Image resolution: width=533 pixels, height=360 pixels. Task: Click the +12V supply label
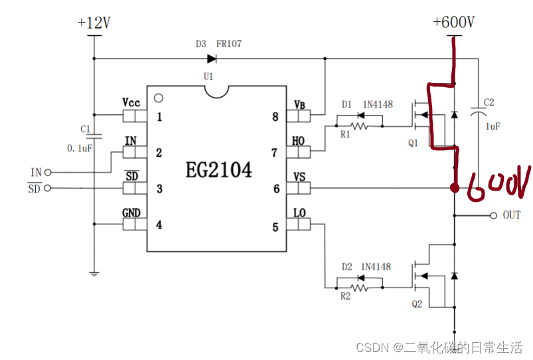coord(94,23)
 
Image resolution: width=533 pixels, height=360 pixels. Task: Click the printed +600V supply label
coord(453,23)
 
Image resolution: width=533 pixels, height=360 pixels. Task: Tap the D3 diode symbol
coord(212,58)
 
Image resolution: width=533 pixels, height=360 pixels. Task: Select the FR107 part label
coord(229,44)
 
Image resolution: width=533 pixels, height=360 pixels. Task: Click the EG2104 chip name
coord(218,171)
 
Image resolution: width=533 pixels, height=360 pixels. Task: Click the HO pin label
coord(299,140)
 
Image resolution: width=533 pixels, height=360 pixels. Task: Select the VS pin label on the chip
coord(299,177)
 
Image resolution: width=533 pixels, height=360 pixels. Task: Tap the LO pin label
coord(299,213)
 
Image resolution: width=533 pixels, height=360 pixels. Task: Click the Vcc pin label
coord(131,103)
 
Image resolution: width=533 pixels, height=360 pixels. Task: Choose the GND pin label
coord(131,213)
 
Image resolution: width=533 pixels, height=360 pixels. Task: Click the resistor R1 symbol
coord(359,124)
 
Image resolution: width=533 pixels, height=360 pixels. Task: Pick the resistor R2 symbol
coord(359,287)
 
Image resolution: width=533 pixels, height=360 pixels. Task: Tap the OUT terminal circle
coord(493,215)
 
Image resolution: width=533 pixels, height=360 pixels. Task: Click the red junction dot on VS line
coord(455,188)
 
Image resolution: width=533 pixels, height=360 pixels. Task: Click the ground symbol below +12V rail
coord(94,272)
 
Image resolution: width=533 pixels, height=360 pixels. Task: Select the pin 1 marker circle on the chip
coord(157,98)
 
